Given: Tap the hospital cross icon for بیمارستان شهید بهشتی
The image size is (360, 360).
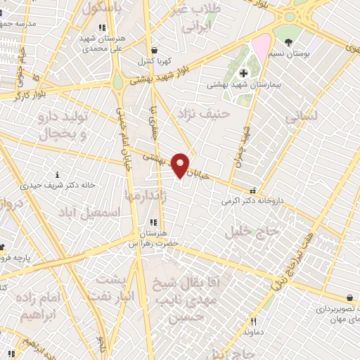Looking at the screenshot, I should (x=243, y=72).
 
